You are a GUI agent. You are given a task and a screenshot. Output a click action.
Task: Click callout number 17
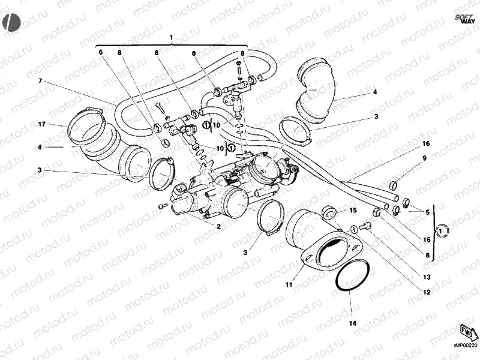(41, 124)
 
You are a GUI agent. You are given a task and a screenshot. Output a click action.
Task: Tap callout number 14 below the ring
(353, 323)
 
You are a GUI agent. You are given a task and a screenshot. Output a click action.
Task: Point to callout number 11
(289, 284)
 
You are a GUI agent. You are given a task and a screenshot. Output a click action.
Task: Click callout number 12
(427, 292)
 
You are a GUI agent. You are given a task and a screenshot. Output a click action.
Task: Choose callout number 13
(427, 277)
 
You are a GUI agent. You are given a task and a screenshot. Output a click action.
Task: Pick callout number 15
(353, 211)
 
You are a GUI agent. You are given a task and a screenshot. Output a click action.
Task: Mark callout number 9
(424, 158)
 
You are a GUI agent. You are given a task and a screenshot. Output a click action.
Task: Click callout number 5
(428, 212)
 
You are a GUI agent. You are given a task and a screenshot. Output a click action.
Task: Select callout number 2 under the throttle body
(218, 226)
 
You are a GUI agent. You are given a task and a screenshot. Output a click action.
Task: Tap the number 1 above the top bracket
(172, 37)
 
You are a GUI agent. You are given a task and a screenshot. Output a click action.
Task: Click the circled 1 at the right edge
(442, 230)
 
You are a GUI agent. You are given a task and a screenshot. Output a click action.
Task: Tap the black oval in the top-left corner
(11, 23)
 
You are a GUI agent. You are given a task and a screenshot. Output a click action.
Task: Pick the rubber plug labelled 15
(328, 213)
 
